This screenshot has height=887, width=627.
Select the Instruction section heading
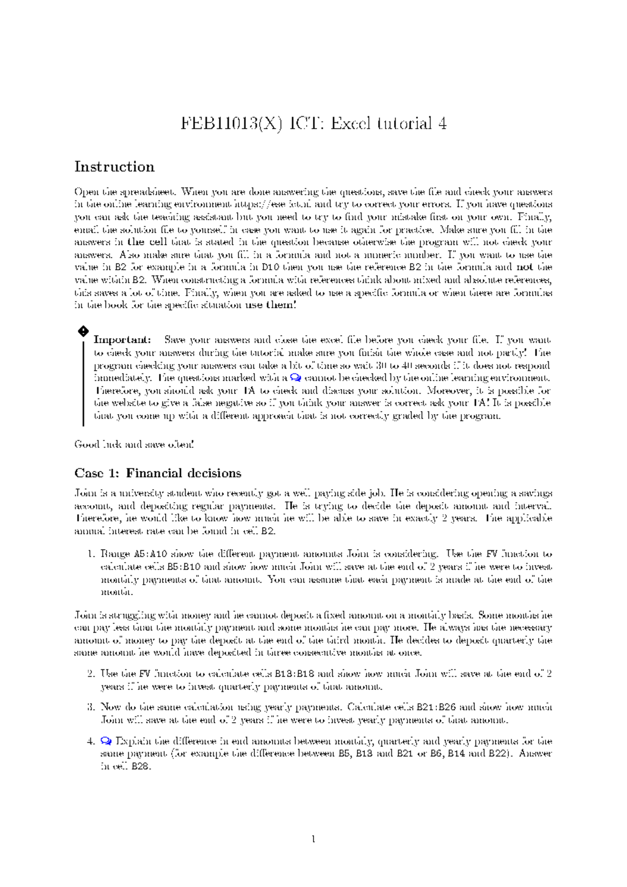(x=114, y=167)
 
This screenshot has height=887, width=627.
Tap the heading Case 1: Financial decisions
(x=158, y=473)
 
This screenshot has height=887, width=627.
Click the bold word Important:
(x=122, y=340)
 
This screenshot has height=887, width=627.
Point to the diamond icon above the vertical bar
(x=83, y=331)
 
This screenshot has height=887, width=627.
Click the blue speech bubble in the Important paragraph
(x=295, y=378)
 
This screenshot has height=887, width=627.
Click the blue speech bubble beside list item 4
(x=106, y=741)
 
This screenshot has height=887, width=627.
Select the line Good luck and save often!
(x=134, y=445)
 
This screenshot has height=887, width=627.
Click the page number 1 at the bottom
(x=313, y=839)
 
